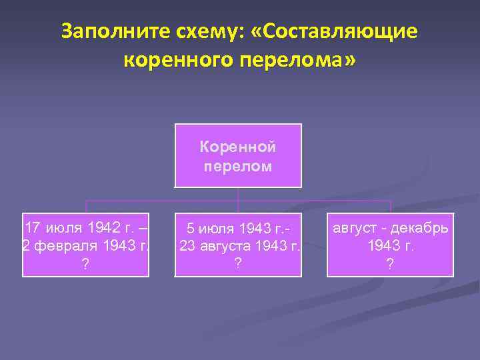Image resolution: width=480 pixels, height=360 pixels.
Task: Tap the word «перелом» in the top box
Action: [238, 165]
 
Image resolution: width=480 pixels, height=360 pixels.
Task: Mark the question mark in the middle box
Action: [238, 263]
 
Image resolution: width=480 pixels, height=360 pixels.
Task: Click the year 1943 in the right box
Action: [383, 246]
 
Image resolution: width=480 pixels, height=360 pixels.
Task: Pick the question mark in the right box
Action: [390, 264]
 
